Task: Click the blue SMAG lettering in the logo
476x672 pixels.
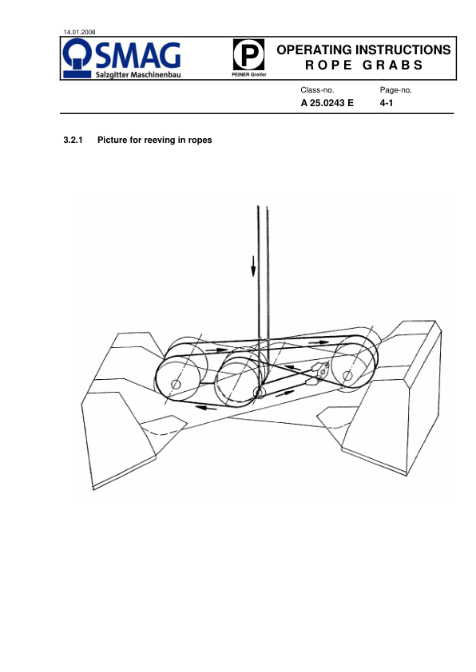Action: (x=138, y=55)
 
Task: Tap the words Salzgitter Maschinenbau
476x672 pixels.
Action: (x=138, y=75)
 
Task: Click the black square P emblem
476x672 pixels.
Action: (x=248, y=54)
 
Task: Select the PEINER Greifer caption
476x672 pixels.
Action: (x=249, y=74)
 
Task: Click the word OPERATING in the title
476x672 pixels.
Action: (x=314, y=49)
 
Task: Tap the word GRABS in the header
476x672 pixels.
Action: (x=393, y=65)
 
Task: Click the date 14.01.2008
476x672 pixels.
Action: (x=79, y=32)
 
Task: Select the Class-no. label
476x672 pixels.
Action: (x=317, y=90)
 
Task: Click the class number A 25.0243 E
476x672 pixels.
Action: (x=327, y=103)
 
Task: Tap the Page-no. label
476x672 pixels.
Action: (x=396, y=90)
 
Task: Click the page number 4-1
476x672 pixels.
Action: (x=387, y=103)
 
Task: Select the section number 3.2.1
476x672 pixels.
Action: (x=73, y=140)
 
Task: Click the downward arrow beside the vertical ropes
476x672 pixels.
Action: (x=253, y=266)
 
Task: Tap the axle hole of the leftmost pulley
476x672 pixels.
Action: (x=176, y=384)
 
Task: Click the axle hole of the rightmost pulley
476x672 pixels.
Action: (x=347, y=376)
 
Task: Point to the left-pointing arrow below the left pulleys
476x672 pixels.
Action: (x=206, y=407)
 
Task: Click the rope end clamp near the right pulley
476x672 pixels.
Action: (x=320, y=372)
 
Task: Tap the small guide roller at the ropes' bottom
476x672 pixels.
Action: (x=259, y=392)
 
